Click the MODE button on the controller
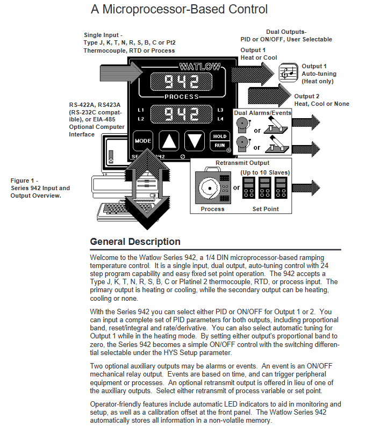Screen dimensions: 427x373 [x=143, y=141]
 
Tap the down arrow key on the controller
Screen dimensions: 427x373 [x=194, y=141]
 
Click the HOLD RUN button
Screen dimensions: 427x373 [x=219, y=141]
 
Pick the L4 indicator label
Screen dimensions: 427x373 [x=220, y=118]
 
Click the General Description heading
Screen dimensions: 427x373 [x=135, y=242]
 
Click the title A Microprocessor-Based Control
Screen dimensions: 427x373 [x=179, y=10]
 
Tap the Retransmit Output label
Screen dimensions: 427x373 [x=242, y=163]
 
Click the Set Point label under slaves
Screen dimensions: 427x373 [x=266, y=209]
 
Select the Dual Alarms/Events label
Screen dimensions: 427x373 [x=262, y=113]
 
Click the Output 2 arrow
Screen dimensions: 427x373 [x=266, y=96]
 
